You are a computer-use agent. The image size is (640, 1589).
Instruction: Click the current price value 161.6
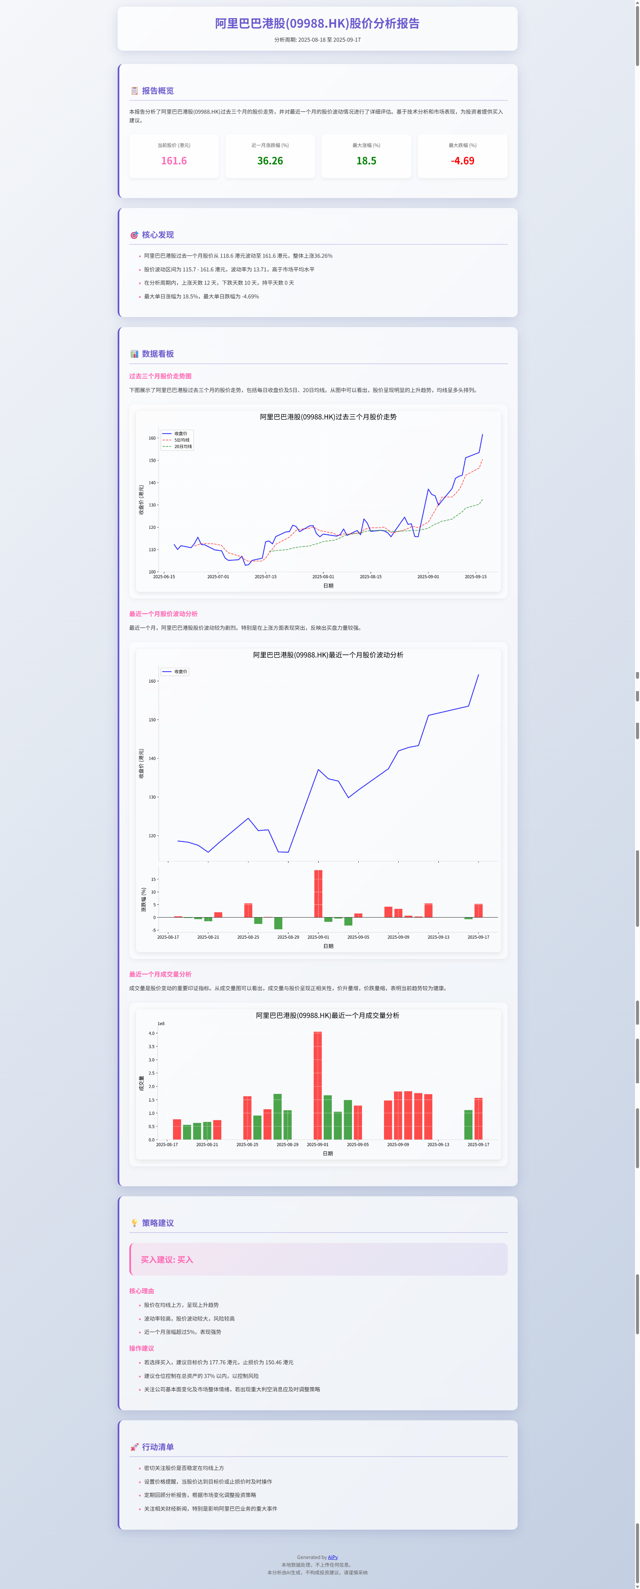tap(174, 161)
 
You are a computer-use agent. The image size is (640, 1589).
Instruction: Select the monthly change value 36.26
tap(270, 161)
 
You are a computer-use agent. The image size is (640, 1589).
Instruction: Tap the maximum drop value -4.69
tap(462, 161)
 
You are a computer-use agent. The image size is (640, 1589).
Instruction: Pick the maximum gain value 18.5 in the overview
tap(366, 161)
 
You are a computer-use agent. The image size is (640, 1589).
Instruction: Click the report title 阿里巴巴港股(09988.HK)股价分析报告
tap(317, 23)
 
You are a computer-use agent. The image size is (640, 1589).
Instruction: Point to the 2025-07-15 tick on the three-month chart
tap(266, 577)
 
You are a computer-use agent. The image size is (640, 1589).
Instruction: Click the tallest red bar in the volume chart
tap(318, 1086)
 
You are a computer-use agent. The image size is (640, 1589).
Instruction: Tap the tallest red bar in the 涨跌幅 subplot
tap(318, 893)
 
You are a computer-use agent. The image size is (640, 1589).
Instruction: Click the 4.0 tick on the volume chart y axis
tap(152, 1033)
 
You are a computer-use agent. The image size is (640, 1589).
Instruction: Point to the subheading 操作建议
tap(142, 1348)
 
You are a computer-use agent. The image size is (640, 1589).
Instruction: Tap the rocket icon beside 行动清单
tap(134, 1447)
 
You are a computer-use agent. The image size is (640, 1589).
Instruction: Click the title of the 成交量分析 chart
tap(327, 1015)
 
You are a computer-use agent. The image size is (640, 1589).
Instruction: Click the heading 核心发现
tap(158, 235)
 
